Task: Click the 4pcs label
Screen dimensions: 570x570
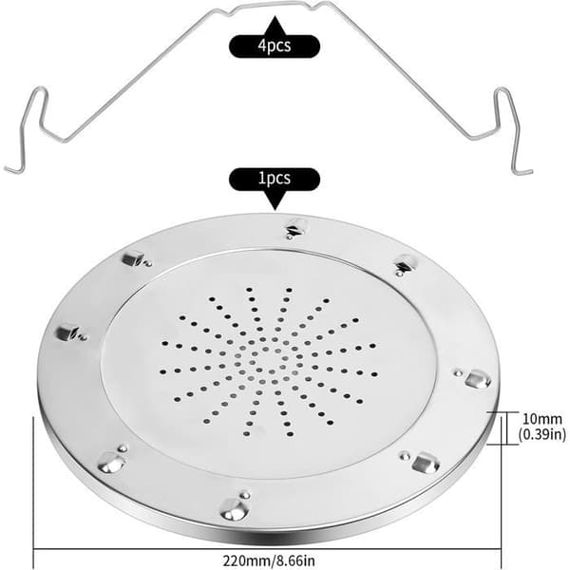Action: pos(275,47)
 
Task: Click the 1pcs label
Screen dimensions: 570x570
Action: pos(275,179)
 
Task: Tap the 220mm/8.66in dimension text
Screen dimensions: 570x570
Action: pos(269,560)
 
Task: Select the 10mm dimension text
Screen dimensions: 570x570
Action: pos(542,419)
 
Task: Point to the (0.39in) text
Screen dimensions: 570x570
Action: pos(542,434)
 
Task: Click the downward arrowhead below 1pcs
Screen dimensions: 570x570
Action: pos(275,200)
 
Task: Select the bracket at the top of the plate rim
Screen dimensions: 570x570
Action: pos(295,228)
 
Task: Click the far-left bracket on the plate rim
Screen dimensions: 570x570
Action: pos(70,332)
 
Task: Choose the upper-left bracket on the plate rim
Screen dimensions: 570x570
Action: pos(136,258)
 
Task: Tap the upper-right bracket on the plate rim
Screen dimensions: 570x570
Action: pos(405,264)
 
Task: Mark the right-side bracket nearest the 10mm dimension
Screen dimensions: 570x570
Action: pos(475,378)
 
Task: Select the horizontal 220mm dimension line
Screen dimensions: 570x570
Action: pos(267,549)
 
